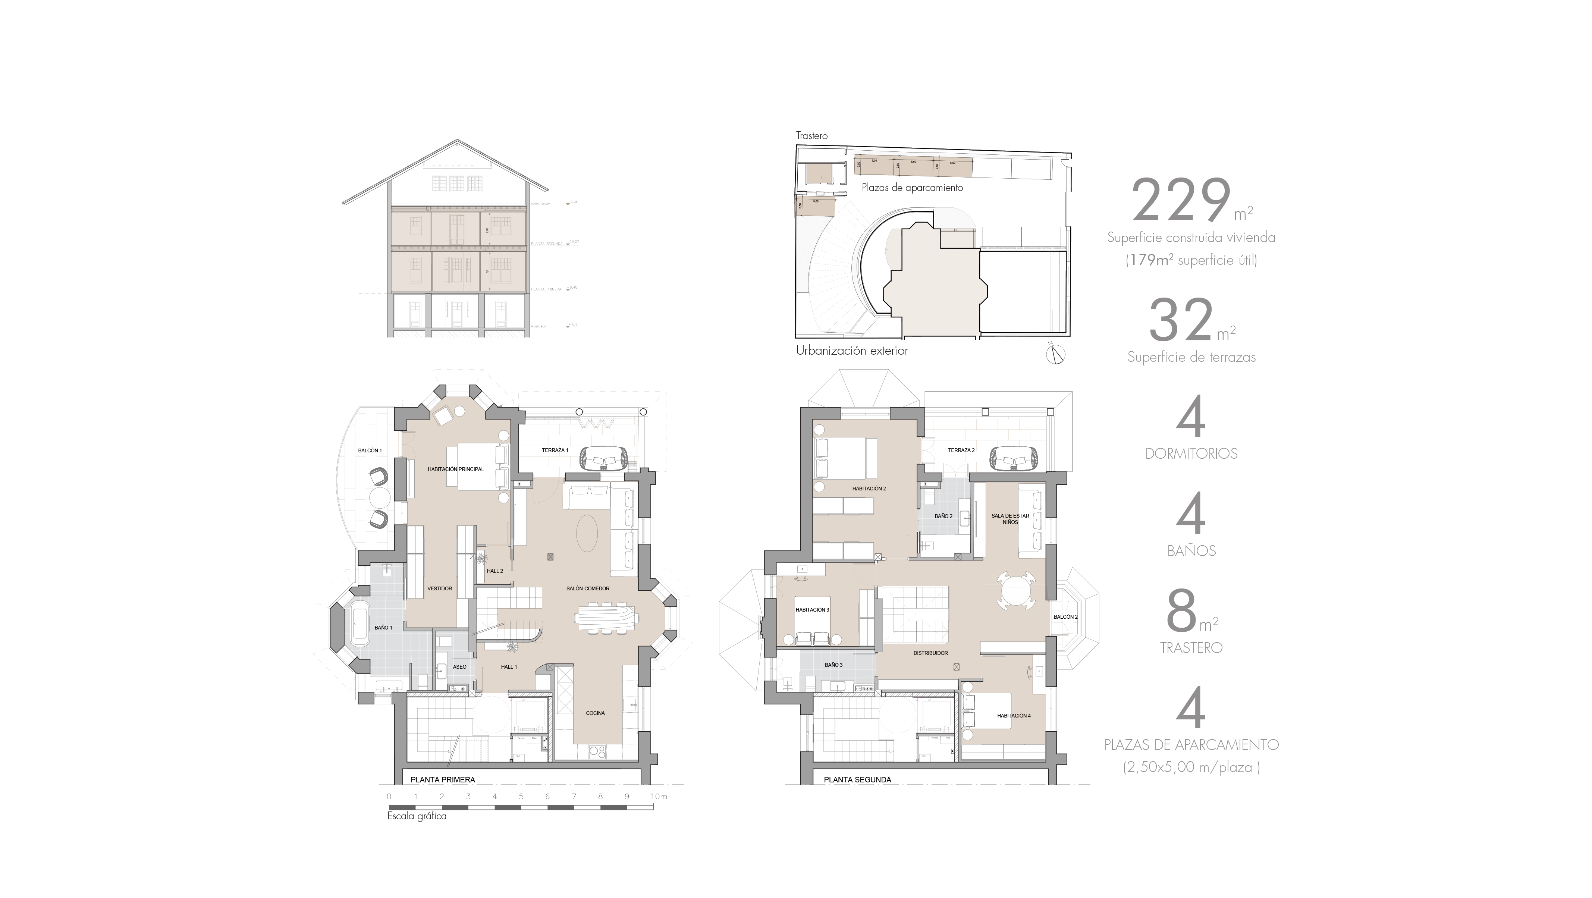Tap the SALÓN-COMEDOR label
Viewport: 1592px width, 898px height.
pos(588,588)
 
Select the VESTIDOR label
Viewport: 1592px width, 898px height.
pos(439,588)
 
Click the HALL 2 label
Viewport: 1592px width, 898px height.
pos(494,571)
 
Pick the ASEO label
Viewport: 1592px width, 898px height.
pos(459,667)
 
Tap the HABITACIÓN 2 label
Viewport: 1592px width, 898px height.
pos(868,488)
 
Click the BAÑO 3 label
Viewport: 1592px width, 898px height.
pos(833,665)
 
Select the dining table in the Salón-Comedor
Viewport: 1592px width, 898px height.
pos(606,618)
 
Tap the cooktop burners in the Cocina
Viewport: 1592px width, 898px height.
pos(597,751)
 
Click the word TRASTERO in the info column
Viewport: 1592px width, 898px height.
pos(1191,648)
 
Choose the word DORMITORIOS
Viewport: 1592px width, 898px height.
pos(1191,453)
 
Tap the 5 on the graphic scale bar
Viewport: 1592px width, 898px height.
pos(521,797)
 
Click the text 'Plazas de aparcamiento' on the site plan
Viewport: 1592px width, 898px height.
pos(912,187)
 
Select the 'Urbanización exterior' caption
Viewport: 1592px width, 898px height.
pos(852,351)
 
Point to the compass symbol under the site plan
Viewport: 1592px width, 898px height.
pos(1055,354)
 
